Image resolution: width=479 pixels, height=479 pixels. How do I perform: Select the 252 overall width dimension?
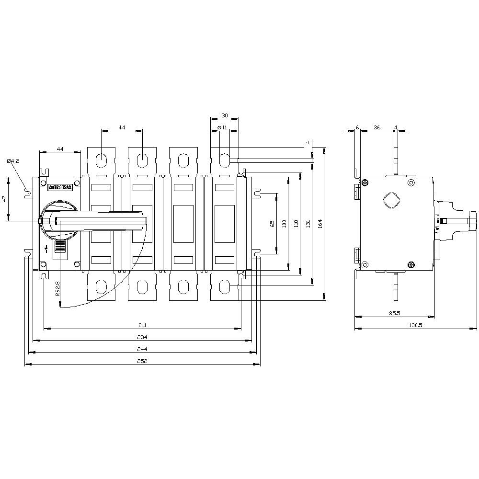click(x=142, y=361)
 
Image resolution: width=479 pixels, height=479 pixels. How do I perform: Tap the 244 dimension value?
click(x=142, y=349)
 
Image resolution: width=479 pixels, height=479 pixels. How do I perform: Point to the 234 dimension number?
click(x=142, y=337)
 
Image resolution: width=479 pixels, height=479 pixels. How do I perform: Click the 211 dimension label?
click(x=142, y=325)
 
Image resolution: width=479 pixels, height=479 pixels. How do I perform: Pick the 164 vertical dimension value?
click(x=320, y=223)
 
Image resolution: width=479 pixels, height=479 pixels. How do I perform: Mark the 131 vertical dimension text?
click(x=308, y=223)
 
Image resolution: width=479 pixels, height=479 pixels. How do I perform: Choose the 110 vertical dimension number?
click(x=296, y=223)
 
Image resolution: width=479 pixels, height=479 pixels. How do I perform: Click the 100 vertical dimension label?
click(x=284, y=223)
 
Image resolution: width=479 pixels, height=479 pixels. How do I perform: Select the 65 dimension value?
click(x=272, y=223)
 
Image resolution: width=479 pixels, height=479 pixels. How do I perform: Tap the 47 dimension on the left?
click(x=4, y=199)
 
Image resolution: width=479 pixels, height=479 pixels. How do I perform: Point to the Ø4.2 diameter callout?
click(x=13, y=161)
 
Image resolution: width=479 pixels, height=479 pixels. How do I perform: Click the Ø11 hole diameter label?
click(x=222, y=127)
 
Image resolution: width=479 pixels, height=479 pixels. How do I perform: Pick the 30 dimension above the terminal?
click(x=225, y=115)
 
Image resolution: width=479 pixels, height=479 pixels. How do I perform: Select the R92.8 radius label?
click(x=57, y=289)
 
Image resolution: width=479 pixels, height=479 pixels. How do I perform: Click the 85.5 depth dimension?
click(x=394, y=313)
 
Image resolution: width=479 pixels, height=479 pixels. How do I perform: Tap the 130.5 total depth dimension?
click(x=415, y=325)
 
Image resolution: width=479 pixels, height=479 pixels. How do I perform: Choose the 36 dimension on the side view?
click(x=376, y=127)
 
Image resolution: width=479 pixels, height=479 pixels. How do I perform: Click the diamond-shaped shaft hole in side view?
click(x=391, y=200)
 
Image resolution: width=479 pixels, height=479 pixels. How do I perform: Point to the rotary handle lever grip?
click(x=101, y=220)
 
